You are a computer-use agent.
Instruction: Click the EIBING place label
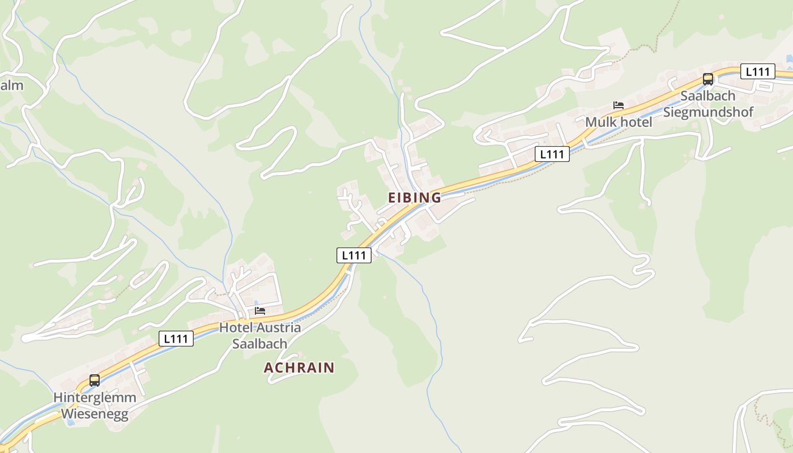click(414, 198)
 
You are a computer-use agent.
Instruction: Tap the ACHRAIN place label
click(299, 367)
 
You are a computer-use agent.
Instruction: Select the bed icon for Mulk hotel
click(619, 105)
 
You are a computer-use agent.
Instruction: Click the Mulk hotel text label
click(619, 122)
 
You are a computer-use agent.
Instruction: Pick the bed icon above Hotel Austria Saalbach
click(260, 311)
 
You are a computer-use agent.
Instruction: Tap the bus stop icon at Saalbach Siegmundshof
click(708, 79)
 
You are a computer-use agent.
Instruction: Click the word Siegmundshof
click(708, 112)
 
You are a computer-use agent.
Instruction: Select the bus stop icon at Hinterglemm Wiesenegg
click(95, 381)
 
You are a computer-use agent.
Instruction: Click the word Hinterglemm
click(95, 397)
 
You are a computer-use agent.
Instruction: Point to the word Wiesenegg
click(95, 413)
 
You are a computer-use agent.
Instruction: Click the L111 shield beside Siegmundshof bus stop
click(757, 71)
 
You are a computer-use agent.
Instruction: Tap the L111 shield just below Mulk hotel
click(552, 154)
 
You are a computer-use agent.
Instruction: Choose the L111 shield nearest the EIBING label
click(354, 255)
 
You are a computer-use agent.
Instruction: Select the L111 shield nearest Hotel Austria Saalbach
click(176, 339)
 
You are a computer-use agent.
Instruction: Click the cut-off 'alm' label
click(11, 86)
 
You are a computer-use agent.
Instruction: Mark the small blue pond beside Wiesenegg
click(69, 422)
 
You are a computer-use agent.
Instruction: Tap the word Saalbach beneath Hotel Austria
click(260, 344)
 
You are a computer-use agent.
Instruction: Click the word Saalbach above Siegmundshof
click(707, 95)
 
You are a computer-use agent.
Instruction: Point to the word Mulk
click(599, 122)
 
